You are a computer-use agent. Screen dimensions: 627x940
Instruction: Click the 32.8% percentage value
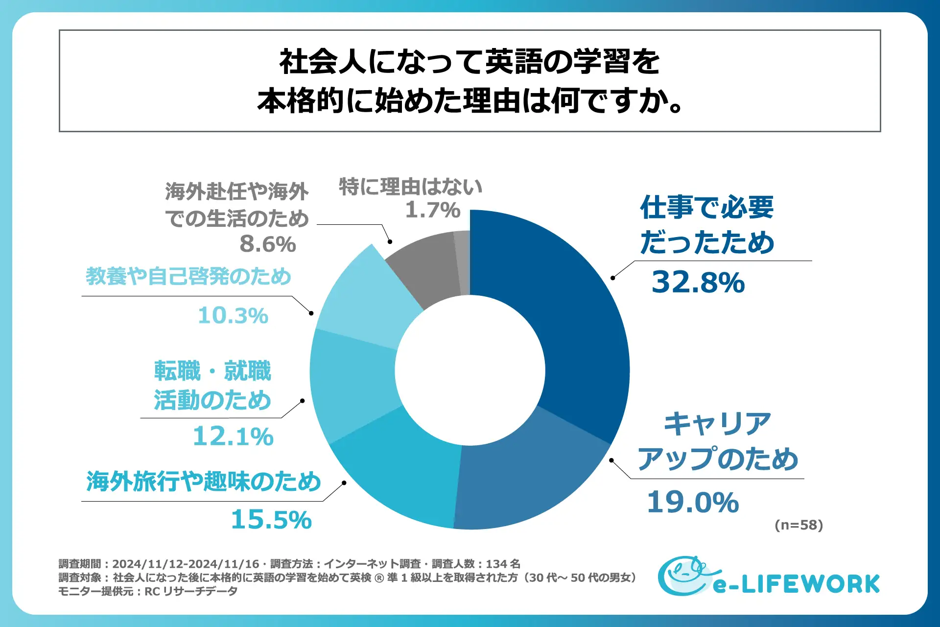point(698,283)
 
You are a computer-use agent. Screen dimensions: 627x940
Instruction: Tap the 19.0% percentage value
point(693,503)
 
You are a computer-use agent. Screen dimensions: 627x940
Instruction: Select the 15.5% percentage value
point(271,520)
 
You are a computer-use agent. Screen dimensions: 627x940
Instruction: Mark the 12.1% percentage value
point(233,436)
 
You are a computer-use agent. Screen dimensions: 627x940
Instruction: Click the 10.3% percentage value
point(233,315)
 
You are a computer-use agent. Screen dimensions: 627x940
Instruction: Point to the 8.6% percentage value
point(268,244)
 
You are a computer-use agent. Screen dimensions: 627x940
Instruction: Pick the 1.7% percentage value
point(433,210)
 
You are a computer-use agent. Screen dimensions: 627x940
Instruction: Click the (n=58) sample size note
point(799,525)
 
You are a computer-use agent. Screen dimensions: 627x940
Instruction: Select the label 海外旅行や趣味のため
point(204,482)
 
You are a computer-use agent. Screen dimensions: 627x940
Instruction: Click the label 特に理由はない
point(410,187)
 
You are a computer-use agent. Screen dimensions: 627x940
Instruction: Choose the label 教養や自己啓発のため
point(188,276)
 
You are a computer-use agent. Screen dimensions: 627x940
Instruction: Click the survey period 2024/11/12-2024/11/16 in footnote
point(186,564)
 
